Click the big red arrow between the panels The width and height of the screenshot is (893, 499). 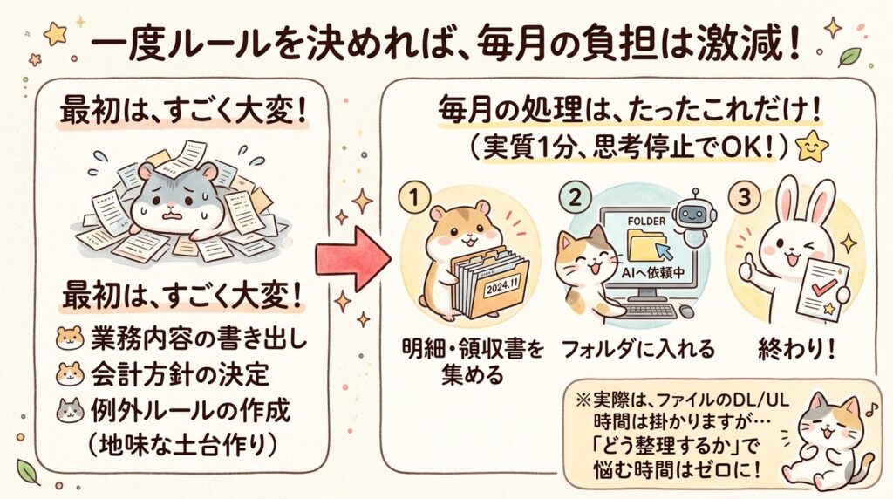tap(353, 258)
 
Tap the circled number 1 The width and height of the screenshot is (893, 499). tap(414, 198)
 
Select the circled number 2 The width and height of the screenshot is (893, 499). tap(576, 198)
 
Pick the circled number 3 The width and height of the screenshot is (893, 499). tap(743, 198)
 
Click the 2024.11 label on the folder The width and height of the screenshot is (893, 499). tap(501, 285)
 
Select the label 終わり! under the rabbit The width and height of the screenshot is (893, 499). tap(796, 348)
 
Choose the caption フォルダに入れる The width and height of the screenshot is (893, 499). tap(637, 348)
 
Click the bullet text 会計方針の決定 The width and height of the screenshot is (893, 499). tap(180, 374)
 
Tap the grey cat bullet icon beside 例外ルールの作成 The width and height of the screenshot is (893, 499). tap(70, 410)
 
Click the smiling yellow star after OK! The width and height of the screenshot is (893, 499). tap(813, 146)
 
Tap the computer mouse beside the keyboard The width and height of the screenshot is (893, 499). tap(687, 311)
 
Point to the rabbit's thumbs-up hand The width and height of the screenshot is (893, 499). tap(746, 267)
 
